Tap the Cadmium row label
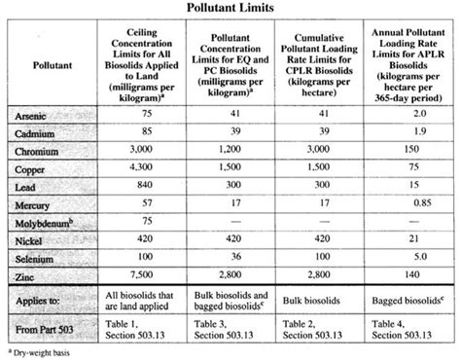click(40, 134)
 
